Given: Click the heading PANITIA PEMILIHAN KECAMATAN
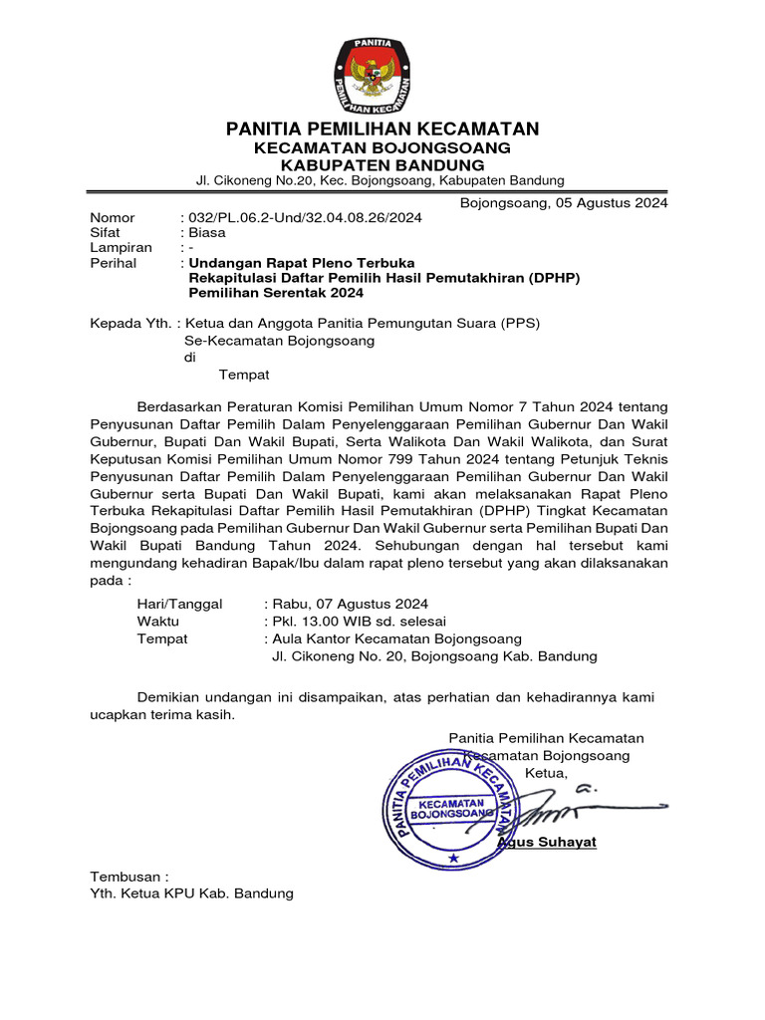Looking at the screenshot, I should tap(382, 128).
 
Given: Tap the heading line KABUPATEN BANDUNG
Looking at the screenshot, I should tap(382, 163).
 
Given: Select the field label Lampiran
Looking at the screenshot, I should tap(121, 248).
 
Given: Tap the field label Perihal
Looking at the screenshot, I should tap(114, 263).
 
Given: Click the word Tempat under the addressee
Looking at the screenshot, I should tap(244, 375).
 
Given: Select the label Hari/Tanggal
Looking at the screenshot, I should tap(180, 604).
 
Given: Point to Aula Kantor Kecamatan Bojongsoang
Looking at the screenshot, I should tap(396, 638).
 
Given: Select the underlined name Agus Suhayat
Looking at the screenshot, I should tap(547, 842).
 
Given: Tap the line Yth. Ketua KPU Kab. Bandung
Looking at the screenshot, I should tap(192, 893).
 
